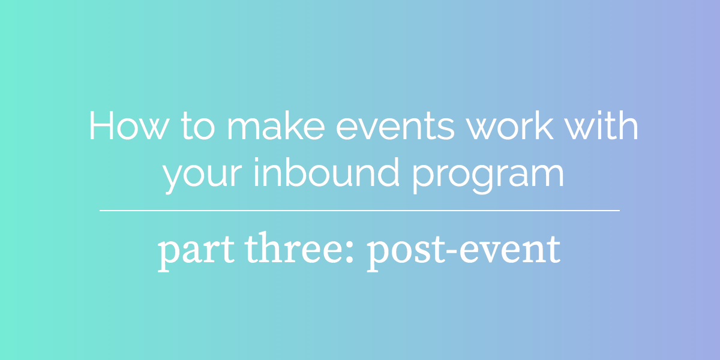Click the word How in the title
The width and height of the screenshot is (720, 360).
[129, 125]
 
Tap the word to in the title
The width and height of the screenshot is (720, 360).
[197, 126]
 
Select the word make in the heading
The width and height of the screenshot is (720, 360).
[276, 125]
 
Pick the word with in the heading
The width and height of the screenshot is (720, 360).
[601, 125]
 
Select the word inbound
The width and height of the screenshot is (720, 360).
[326, 172]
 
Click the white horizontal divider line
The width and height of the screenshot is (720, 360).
[359, 211]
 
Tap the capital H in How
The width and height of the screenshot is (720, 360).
[101, 125]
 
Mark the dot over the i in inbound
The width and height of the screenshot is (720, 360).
[257, 159]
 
